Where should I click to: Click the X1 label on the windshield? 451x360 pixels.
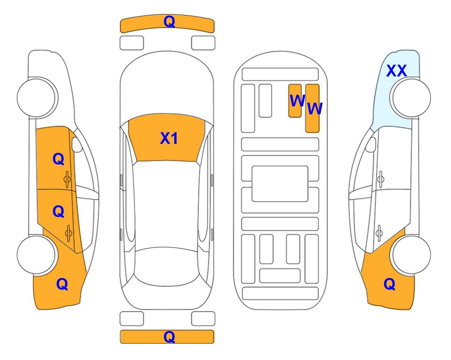tap(169, 138)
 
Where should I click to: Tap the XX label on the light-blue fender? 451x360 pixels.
tap(396, 71)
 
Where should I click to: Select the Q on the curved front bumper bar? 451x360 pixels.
tap(169, 21)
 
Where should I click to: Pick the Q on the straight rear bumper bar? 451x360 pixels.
tap(169, 337)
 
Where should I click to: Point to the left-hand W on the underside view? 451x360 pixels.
tap(297, 100)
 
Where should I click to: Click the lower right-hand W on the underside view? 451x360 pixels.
tap(315, 109)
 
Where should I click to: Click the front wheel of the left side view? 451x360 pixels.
tap(37, 97)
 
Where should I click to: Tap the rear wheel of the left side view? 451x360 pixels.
tap(37, 255)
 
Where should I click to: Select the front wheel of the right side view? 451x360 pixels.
tap(411, 97)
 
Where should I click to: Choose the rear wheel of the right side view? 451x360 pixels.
tap(411, 255)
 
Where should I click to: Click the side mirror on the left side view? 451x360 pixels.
tap(77, 144)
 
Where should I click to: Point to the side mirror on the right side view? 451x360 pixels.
tap(371, 144)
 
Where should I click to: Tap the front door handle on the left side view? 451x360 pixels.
tap(67, 180)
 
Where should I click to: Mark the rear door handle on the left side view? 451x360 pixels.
tap(68, 233)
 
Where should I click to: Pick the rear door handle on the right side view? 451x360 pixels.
tap(379, 233)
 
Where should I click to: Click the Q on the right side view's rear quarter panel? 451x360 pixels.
tap(390, 284)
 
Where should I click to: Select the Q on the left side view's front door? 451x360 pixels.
tap(59, 159)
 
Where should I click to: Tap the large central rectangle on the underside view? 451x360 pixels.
tap(280, 184)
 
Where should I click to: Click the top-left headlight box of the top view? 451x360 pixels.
tap(132, 43)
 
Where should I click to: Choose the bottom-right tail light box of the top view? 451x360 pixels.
tap(203, 319)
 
